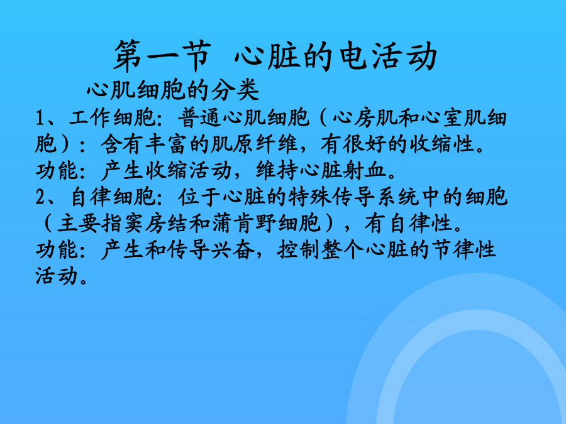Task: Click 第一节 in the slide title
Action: click(162, 57)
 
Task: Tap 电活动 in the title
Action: click(389, 57)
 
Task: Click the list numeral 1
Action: click(40, 117)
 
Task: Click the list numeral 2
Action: click(40, 197)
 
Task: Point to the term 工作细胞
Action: click(113, 117)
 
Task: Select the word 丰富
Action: click(167, 144)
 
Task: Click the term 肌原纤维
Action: click(254, 144)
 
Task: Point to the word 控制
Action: click(298, 249)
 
